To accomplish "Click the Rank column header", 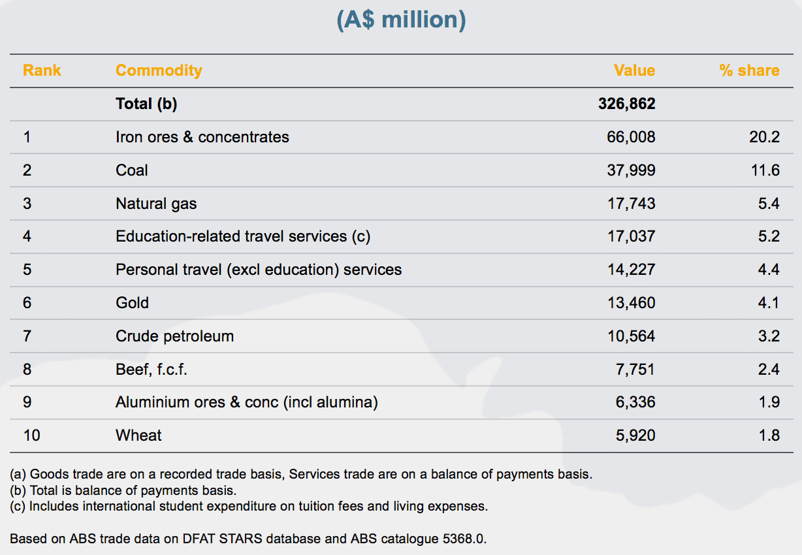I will coord(42,71).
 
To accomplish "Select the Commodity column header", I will coord(159,71).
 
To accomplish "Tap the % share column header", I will coord(749,71).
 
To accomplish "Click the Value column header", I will coord(634,71).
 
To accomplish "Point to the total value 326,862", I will coord(626,104).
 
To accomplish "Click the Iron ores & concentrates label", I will coord(202,137).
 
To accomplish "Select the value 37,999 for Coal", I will coord(631,170).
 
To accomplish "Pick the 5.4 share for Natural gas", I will coord(769,204).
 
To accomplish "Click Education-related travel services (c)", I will coord(242,236).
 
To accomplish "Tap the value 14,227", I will coord(631,270).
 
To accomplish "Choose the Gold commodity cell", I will coord(132,303).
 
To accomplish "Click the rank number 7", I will coord(27,336).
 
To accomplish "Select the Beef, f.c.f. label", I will coord(152,370).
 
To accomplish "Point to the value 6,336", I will coord(635,402).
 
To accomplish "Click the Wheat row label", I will coord(138,436).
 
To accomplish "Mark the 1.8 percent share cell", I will coord(769,436).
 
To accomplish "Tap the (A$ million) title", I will coord(401,19).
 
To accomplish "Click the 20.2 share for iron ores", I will coord(765,137).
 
